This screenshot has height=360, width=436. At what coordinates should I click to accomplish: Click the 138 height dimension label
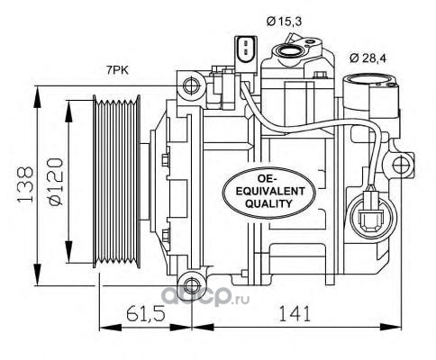tap(25, 184)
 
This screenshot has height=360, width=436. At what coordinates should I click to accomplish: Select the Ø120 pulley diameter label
tap(56, 182)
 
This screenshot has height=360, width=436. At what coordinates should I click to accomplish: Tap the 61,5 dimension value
tap(146, 313)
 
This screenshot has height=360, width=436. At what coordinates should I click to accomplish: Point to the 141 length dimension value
tap(295, 313)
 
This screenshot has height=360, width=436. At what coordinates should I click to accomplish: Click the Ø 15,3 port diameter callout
tap(284, 22)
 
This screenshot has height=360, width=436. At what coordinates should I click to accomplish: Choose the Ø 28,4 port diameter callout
tap(368, 58)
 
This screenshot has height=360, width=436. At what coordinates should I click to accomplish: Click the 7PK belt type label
tap(117, 70)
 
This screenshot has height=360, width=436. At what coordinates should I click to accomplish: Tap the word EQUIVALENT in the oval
tap(270, 191)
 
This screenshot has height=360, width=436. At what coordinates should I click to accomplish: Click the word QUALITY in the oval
tap(268, 203)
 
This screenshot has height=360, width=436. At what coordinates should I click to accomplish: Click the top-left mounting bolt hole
tap(191, 86)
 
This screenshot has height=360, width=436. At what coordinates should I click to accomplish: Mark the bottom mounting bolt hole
tap(191, 285)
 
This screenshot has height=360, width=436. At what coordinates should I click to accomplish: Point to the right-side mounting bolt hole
tap(402, 164)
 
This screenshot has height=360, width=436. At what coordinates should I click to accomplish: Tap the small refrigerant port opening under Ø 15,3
tap(286, 50)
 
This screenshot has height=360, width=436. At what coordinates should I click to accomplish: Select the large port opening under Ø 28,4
tap(369, 81)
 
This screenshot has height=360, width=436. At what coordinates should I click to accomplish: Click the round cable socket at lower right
tap(373, 216)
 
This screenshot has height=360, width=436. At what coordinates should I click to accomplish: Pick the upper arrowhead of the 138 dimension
tap(37, 96)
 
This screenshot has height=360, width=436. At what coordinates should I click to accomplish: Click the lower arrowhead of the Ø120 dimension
tap(68, 252)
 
